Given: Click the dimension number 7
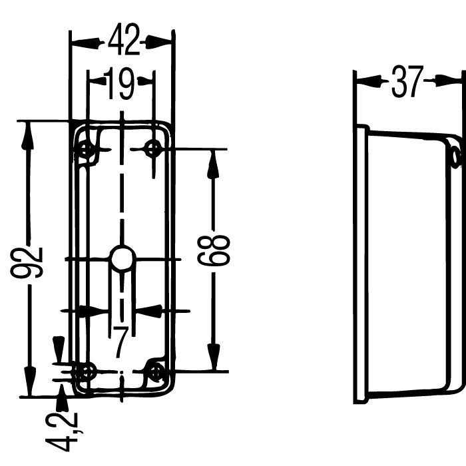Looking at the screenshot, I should tap(120, 342).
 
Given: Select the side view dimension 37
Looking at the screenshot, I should tap(407, 83).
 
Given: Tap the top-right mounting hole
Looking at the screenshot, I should tap(153, 149).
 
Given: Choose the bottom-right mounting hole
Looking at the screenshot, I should tap(156, 371).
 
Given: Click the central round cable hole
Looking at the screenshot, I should tap(122, 258).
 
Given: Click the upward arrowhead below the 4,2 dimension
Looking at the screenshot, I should tap(61, 399).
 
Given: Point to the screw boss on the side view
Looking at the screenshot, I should tap(455, 157).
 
